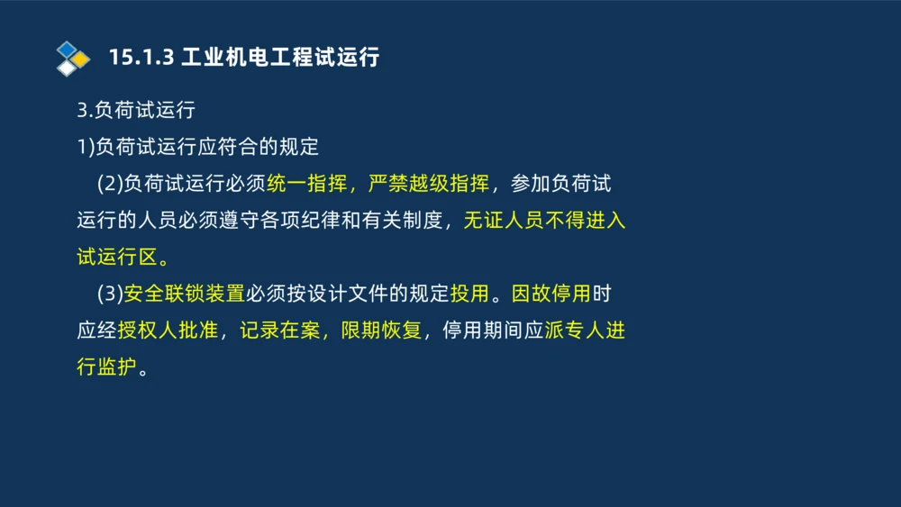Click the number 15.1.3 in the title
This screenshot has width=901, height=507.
[x=140, y=58]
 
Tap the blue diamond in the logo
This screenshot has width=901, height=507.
[x=67, y=49]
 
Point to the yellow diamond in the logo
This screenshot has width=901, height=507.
[x=80, y=59]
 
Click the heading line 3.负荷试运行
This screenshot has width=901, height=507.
[x=136, y=110]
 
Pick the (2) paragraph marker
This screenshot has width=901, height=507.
[x=109, y=184]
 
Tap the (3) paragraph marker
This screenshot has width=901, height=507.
[x=109, y=294]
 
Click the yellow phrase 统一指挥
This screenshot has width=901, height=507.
[x=307, y=184]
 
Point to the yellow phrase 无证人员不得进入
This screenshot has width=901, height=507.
[x=544, y=221]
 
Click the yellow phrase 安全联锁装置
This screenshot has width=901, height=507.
[x=185, y=294]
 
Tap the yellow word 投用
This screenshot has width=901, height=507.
[x=469, y=294]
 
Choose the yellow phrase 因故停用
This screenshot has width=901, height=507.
[x=551, y=294]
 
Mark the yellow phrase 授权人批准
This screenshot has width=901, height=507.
[x=168, y=330]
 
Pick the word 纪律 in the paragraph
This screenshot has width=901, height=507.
[x=302, y=221]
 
